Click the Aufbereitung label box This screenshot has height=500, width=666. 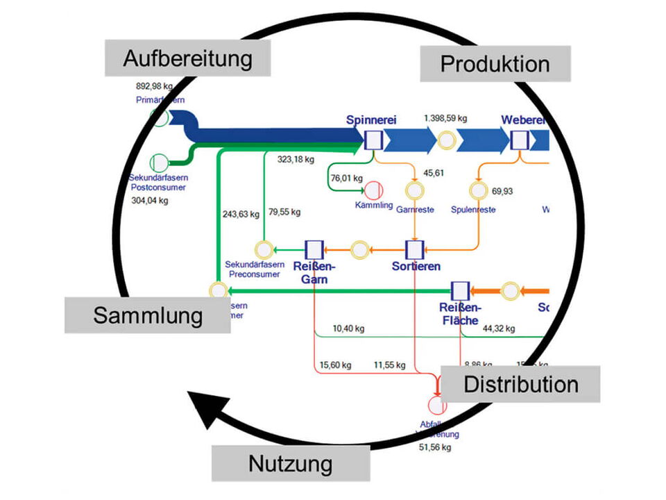(x=187, y=58)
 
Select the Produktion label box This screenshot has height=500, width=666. (x=495, y=64)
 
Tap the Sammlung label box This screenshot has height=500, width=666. (x=148, y=315)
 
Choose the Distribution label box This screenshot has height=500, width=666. (x=520, y=384)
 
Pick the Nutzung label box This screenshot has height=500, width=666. (x=290, y=463)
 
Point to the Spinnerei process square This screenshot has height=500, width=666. (x=373, y=140)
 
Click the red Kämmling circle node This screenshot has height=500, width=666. (x=374, y=190)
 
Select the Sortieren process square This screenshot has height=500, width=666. (x=414, y=249)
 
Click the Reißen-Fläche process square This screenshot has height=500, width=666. (x=459, y=291)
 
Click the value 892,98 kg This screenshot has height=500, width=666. (x=154, y=86)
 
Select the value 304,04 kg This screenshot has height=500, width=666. (x=149, y=201)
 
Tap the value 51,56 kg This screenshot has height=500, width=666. (x=436, y=448)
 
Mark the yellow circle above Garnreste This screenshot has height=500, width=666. (x=414, y=190)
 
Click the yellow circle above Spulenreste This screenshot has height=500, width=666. (x=477, y=190)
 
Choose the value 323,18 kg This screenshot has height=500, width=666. (x=296, y=160)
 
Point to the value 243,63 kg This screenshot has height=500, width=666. (x=240, y=214)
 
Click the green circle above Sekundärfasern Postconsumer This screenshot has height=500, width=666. (x=159, y=162)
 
